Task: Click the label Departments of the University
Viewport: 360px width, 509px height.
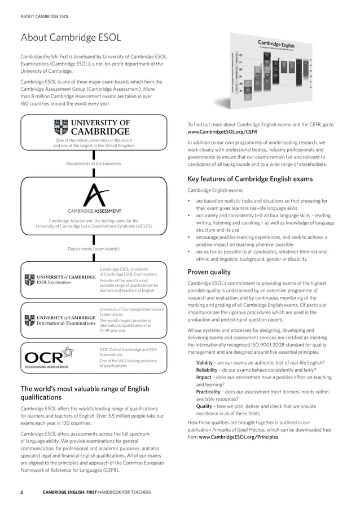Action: [x=94, y=164]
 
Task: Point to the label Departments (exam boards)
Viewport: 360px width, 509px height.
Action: [x=94, y=248]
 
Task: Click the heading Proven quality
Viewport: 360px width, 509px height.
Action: [x=209, y=271]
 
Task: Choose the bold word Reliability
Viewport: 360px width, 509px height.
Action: [x=208, y=370]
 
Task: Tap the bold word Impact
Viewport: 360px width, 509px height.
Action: [x=204, y=377]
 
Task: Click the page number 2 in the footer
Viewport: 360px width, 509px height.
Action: [x=22, y=492]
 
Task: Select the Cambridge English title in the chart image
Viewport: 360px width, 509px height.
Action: [x=276, y=45]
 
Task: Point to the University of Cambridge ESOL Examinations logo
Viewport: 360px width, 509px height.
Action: [x=59, y=279]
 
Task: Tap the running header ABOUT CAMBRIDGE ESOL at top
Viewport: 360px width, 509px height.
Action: [x=45, y=16]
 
